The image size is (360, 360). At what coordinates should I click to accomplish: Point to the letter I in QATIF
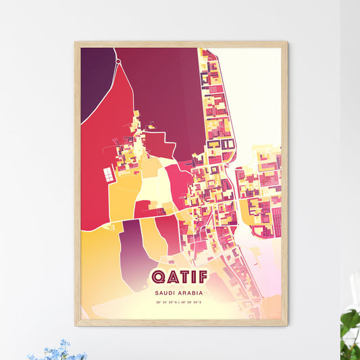coord(193,278)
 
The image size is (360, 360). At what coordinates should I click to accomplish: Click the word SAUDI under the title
coord(165,293)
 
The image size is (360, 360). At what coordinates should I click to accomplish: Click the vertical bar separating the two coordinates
coord(180,303)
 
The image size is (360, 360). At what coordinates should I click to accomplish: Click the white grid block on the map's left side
coord(108,174)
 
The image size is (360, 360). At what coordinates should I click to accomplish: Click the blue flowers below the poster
coord(58,351)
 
